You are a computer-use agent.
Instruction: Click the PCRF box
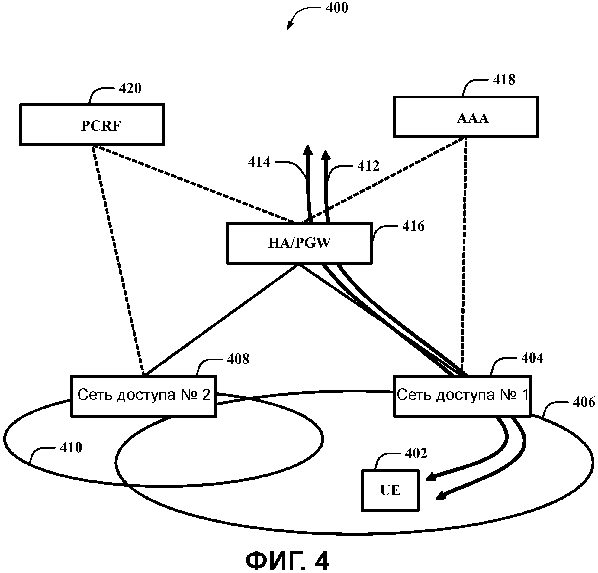coord(92,125)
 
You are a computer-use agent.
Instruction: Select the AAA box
coord(466,117)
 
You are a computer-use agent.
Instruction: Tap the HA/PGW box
coord(299,243)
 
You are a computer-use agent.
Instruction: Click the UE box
coord(390,490)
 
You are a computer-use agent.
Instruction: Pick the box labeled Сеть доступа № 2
coord(144,396)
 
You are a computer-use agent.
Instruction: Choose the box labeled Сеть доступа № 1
coord(462,396)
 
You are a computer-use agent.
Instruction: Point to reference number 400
coord(337,8)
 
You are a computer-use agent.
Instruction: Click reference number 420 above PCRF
coord(130,88)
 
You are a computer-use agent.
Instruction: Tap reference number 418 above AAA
coord(504,80)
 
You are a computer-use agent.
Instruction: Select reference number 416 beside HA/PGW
coord(413,226)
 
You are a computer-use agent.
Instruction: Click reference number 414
coord(259,162)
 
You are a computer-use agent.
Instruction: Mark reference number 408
coord(238,359)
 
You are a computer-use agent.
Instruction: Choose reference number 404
coord(532,358)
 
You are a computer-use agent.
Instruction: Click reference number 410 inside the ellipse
coord(71,448)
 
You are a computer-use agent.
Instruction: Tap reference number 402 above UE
coord(416,454)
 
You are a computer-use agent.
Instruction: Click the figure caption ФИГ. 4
coord(288,561)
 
